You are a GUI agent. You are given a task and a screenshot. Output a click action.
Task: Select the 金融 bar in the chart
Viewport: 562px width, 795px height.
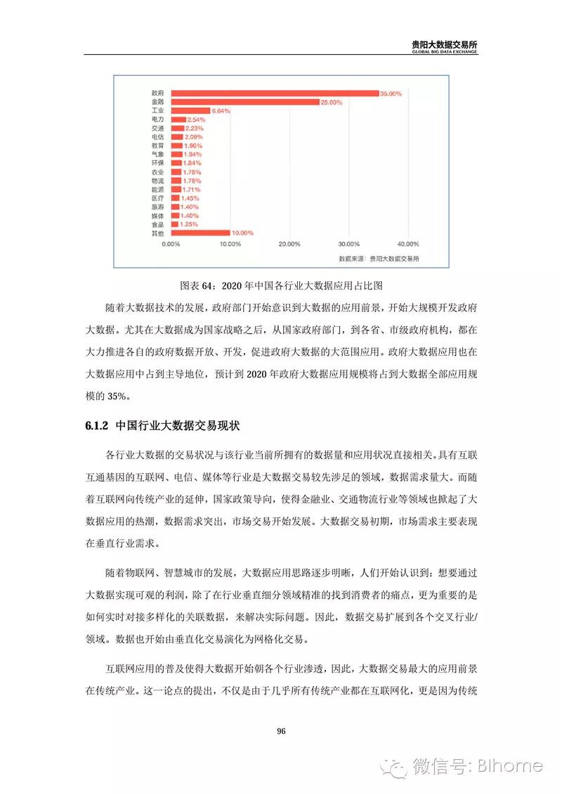[x=243, y=102]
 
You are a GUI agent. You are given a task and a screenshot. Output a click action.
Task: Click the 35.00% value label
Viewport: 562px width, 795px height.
[x=391, y=93]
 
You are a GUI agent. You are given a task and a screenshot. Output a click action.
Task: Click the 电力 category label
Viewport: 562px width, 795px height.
[x=157, y=120]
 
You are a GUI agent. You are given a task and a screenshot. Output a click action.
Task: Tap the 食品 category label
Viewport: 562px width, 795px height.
[x=157, y=224]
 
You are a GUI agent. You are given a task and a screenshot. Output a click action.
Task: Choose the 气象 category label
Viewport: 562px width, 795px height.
[x=157, y=155]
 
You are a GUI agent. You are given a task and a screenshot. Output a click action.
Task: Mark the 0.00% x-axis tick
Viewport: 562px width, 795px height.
[x=171, y=245]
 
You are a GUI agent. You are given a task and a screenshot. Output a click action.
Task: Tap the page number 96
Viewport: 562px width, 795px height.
[x=281, y=731]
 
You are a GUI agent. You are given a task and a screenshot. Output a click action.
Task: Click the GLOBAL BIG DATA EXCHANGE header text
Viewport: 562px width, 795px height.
[x=445, y=52]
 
